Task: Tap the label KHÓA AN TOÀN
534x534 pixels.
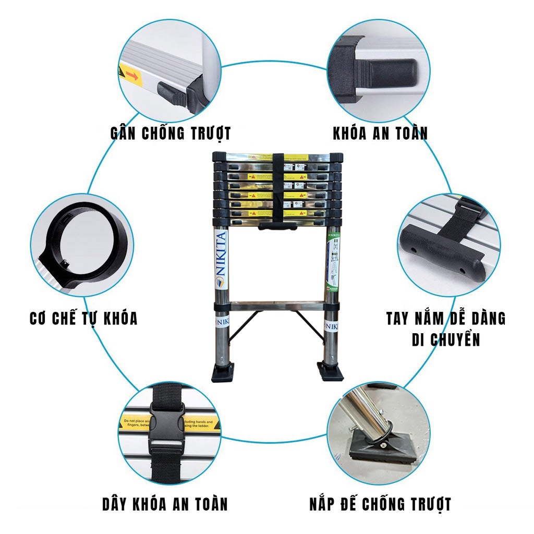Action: point(380,132)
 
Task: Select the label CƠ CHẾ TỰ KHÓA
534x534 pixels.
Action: point(83,318)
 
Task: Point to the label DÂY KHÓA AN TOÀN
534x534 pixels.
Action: point(165,504)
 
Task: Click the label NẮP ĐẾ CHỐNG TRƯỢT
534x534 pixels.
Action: point(380,504)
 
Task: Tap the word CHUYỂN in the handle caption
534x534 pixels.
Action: point(454,339)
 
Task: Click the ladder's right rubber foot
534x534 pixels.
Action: point(331,372)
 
